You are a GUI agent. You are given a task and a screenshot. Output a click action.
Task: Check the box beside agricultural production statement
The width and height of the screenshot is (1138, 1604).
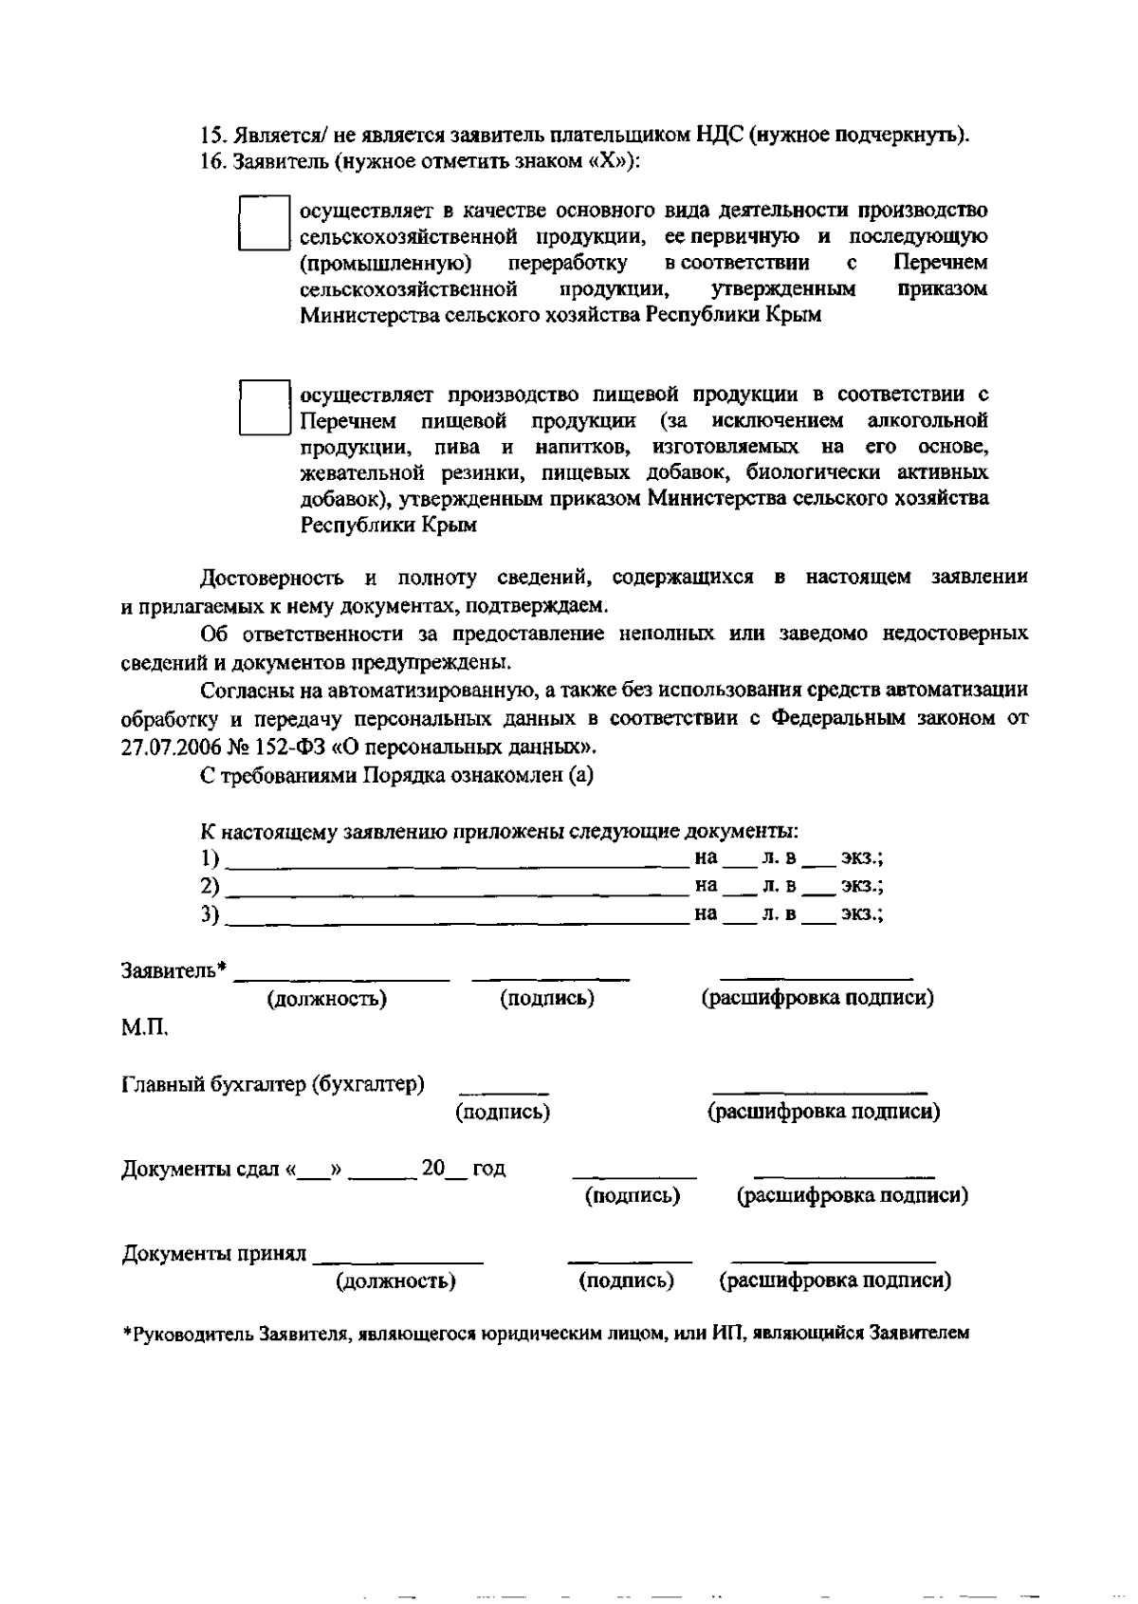(x=263, y=223)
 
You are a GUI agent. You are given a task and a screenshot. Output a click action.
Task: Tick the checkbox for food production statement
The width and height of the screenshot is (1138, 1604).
(x=263, y=407)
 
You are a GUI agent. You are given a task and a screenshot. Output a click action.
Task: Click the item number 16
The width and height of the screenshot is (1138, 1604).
(x=210, y=162)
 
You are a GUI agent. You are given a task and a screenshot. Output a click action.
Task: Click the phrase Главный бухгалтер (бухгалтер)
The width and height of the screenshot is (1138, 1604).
(x=273, y=1084)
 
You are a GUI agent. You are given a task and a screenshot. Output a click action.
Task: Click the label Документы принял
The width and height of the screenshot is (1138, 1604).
(x=214, y=1254)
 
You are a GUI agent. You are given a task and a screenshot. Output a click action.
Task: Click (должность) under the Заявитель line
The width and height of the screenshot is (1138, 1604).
(x=327, y=999)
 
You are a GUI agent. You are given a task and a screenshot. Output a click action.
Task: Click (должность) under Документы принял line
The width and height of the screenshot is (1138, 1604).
(x=395, y=1282)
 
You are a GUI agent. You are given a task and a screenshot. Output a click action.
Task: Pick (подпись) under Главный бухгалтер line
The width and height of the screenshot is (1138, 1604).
(x=503, y=1112)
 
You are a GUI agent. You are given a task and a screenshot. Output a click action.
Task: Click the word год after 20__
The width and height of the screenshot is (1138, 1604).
(x=488, y=1169)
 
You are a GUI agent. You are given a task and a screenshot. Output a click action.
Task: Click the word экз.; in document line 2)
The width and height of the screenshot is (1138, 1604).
(x=862, y=887)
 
